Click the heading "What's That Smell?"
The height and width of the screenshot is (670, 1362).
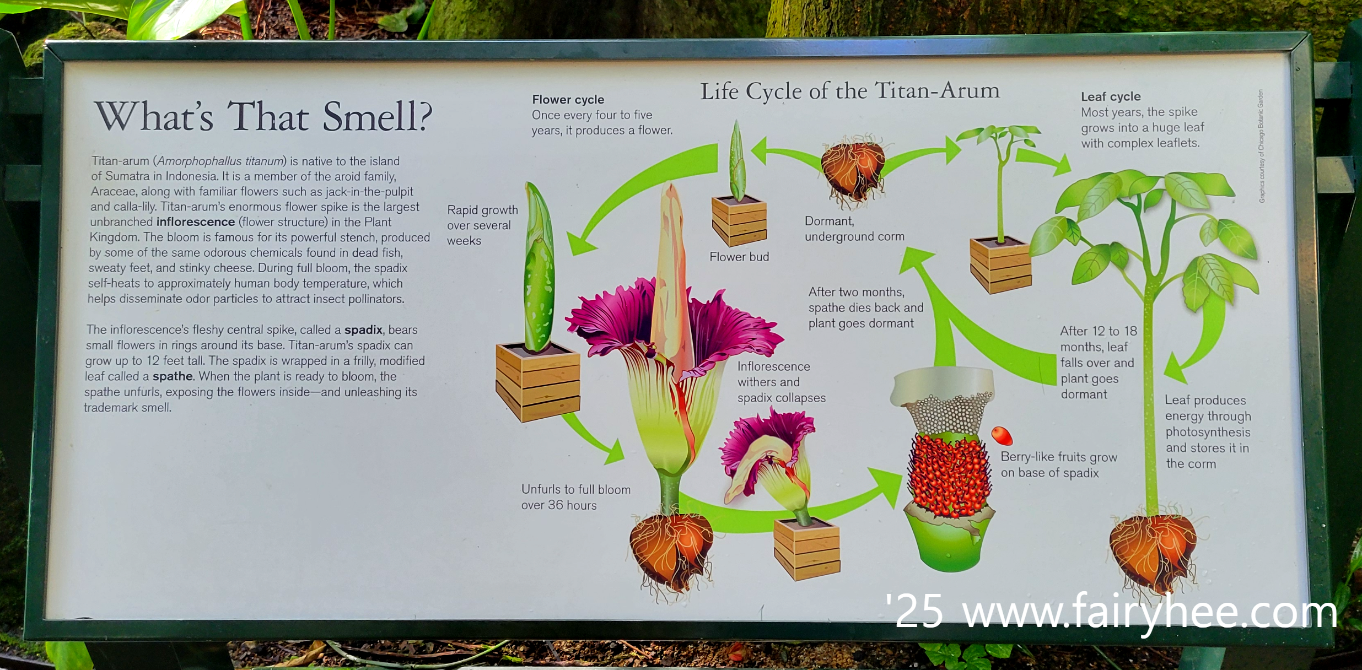pos(263,117)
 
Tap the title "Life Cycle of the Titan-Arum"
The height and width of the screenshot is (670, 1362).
pos(849,91)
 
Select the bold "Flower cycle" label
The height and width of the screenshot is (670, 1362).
pos(568,100)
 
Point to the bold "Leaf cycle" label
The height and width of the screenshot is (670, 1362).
pos(1110,97)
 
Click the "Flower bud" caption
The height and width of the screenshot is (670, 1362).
pos(739,257)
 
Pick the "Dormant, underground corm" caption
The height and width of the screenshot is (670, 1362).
pos(854,229)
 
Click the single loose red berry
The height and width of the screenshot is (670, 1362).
pos(1002,435)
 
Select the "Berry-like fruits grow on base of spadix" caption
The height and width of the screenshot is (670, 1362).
pos(1058,464)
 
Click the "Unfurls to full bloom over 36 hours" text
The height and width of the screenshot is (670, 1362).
pos(575,497)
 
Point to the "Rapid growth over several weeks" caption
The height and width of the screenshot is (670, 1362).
pos(482,225)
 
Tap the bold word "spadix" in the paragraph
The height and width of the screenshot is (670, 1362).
pos(363,329)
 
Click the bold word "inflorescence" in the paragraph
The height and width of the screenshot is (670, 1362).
pos(196,222)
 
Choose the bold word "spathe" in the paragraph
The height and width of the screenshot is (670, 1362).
pos(173,376)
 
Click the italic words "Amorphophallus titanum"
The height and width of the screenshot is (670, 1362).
pos(220,161)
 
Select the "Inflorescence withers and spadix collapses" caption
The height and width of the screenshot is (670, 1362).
pos(781,382)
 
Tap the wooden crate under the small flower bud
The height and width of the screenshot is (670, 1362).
pos(739,221)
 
